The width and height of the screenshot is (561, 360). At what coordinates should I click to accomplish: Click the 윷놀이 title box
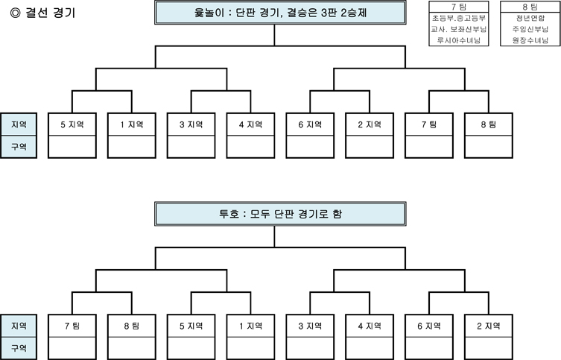point(280,13)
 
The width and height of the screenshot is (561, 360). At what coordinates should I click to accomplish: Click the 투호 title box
point(280,214)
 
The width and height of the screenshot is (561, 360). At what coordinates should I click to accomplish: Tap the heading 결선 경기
point(50,13)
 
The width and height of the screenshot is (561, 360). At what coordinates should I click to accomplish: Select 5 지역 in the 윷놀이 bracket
point(72,124)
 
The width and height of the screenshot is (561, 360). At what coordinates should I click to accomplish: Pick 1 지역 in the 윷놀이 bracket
point(132,124)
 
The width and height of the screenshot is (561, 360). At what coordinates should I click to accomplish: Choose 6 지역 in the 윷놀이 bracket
point(310,124)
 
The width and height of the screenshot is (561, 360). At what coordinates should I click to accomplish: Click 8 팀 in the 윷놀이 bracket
point(489,124)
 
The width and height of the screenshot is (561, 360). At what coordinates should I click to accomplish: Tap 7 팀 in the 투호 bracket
point(72,326)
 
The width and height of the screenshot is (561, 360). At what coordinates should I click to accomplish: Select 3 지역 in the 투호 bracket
point(310,326)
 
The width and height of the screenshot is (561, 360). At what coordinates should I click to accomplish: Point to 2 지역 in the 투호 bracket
point(489,326)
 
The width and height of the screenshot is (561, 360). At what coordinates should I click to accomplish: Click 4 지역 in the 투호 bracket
point(370,326)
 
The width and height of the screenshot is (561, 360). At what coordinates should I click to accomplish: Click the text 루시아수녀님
point(459,40)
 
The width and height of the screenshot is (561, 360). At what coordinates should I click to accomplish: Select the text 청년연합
point(530,18)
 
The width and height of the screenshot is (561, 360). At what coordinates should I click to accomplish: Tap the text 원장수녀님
point(530,40)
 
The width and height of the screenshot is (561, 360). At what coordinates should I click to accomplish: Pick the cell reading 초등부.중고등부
point(459,18)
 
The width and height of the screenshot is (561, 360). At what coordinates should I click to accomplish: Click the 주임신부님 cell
point(530,29)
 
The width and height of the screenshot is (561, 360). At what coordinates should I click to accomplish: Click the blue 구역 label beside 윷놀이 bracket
point(19,147)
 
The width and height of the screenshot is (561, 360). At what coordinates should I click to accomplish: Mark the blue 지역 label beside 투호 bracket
point(19,326)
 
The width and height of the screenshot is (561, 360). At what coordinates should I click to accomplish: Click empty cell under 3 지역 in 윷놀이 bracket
point(191,147)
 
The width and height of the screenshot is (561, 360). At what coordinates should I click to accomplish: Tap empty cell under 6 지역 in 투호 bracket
point(429,348)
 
